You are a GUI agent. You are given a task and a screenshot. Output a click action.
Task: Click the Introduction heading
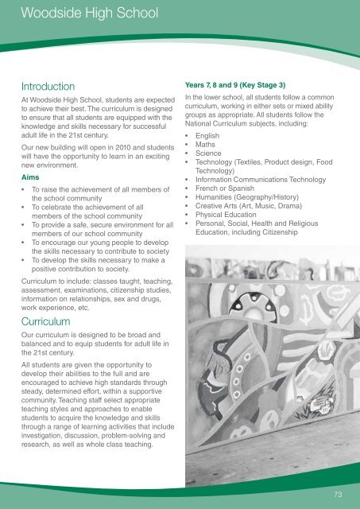pyautogui.click(x=48, y=85)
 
